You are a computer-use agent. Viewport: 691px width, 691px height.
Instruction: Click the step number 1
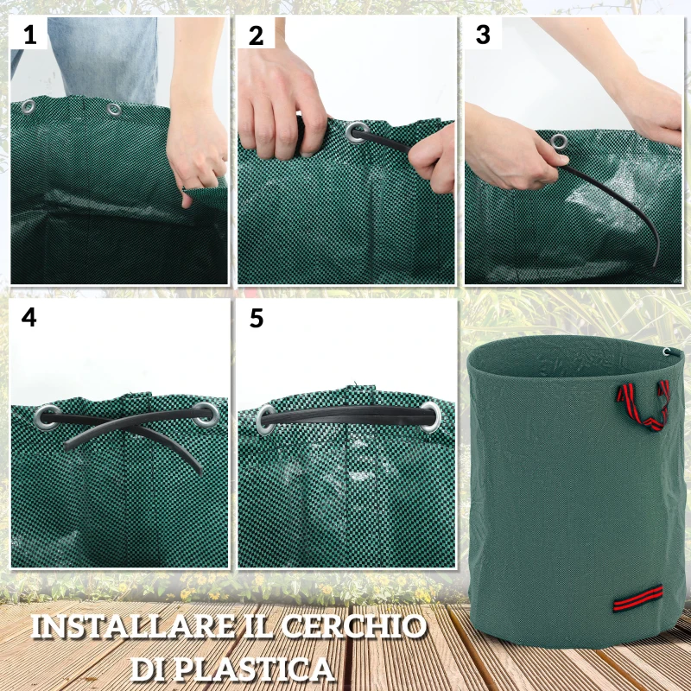[30, 35]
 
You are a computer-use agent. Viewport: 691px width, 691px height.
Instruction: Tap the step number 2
[256, 35]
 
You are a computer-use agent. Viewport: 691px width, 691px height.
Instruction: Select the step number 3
[483, 35]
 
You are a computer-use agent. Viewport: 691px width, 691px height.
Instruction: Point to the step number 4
[29, 318]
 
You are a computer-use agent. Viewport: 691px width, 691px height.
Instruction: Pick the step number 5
[256, 318]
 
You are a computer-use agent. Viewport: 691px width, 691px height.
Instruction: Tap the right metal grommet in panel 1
[113, 110]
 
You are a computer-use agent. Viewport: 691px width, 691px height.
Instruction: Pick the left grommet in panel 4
[48, 416]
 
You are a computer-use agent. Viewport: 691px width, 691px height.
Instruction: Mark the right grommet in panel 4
[207, 416]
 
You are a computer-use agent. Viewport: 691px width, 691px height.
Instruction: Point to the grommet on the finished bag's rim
[668, 352]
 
